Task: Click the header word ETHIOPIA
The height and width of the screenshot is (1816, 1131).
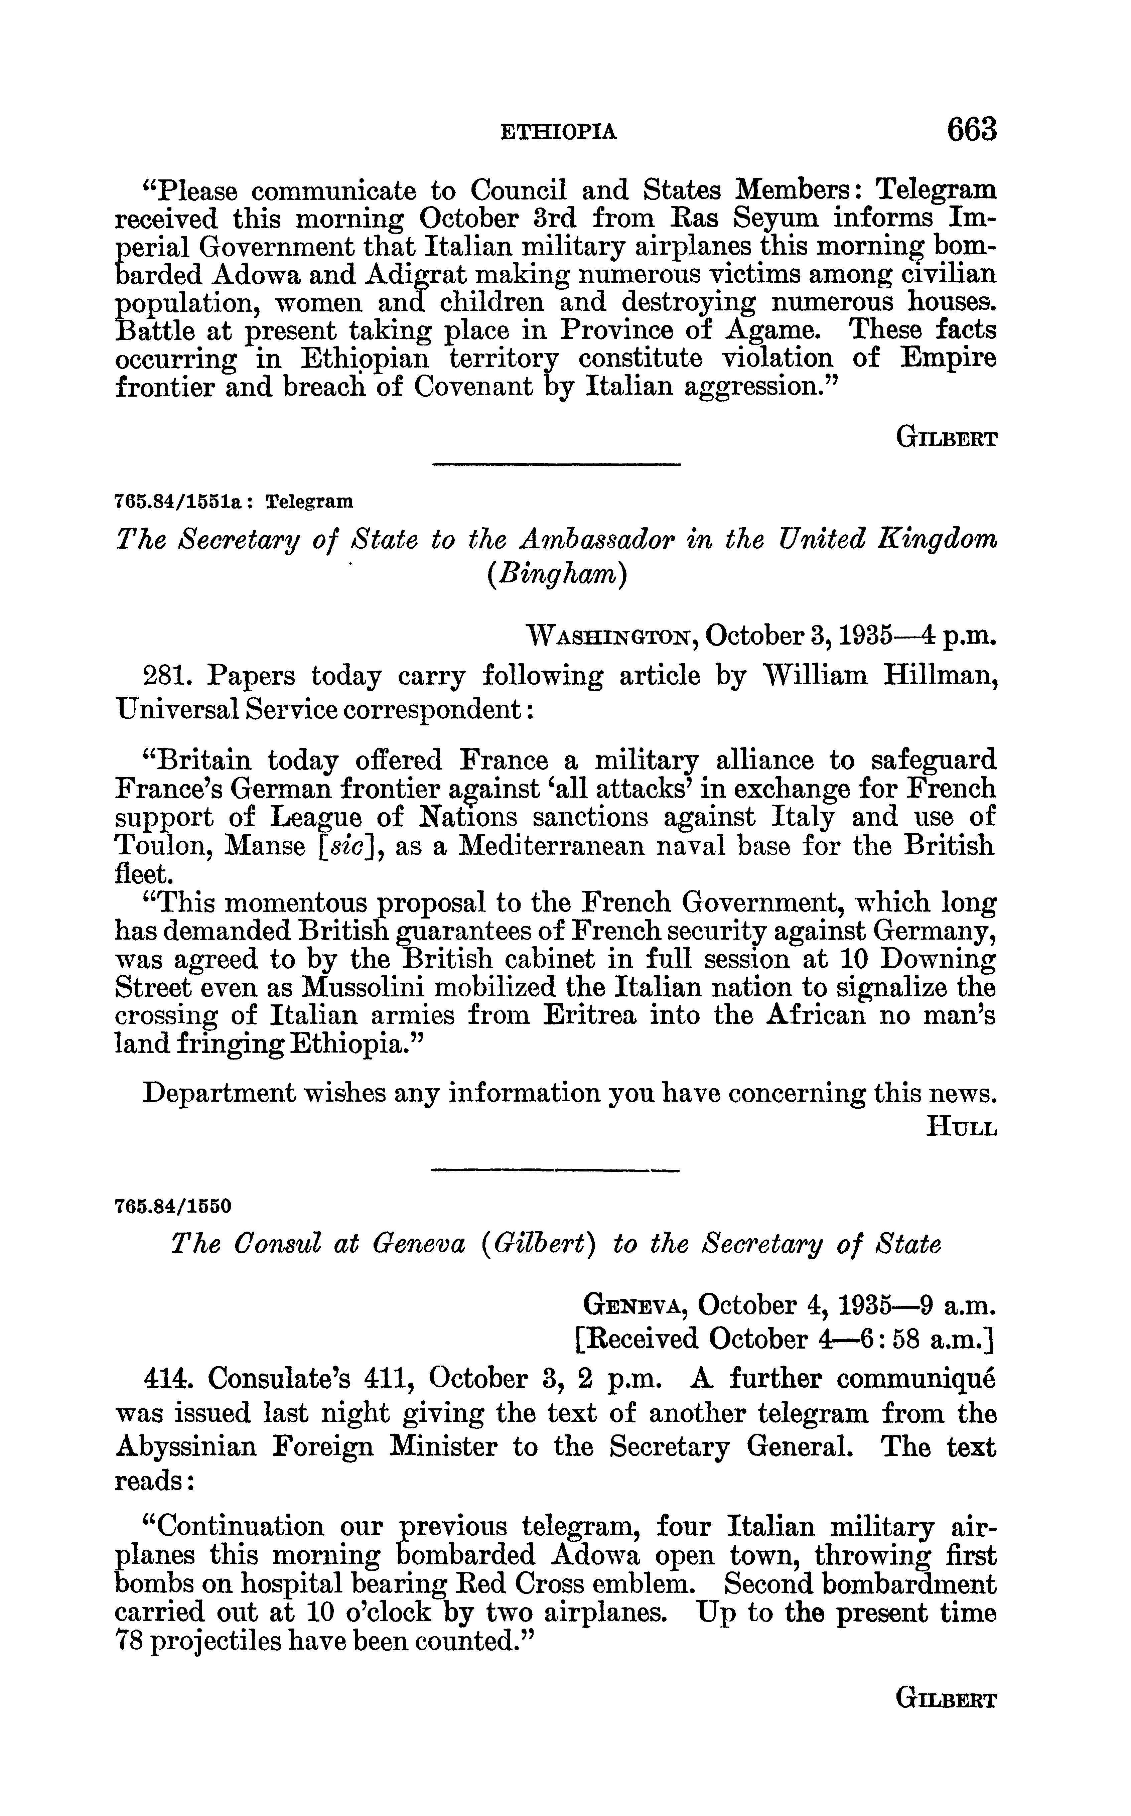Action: (559, 132)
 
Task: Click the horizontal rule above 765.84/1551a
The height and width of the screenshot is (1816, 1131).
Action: (557, 466)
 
